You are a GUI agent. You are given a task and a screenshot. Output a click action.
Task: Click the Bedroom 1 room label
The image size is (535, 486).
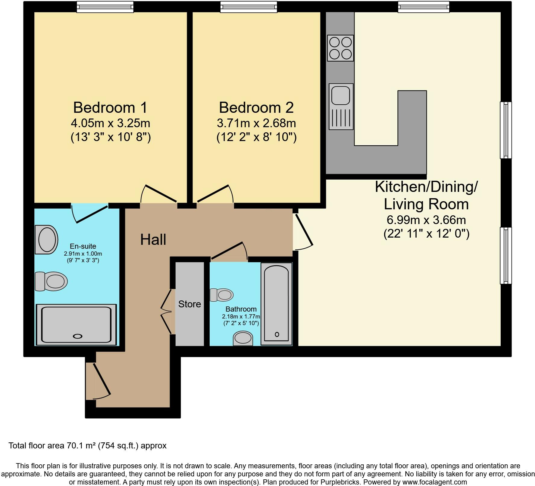tap(111, 107)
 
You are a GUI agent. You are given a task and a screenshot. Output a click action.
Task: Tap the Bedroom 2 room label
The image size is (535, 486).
tap(256, 107)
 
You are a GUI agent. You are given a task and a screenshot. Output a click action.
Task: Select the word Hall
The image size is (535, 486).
tap(153, 240)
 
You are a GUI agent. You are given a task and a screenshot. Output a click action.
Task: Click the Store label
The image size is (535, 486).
tap(189, 304)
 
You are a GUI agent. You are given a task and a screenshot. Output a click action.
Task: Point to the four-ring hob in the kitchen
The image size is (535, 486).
tap(340, 48)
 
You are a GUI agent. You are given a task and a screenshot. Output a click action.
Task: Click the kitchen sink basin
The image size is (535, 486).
tap(341, 95)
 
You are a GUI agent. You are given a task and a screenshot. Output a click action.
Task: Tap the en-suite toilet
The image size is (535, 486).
tap(51, 281)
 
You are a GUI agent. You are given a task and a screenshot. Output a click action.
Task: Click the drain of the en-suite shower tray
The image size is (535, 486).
tap(78, 337)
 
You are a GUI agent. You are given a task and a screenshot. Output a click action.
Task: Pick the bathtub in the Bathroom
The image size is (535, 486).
tap(276, 304)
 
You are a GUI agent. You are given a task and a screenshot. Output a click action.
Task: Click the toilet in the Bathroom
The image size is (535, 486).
tap(222, 295)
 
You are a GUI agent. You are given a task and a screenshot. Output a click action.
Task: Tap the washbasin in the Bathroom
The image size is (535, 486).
tap(243, 338)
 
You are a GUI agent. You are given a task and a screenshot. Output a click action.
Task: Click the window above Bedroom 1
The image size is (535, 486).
tap(105, 7)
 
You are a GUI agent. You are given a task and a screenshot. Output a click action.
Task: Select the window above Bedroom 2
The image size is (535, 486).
tap(249, 7)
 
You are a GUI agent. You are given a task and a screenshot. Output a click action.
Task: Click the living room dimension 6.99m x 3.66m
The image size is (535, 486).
tap(426, 220)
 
